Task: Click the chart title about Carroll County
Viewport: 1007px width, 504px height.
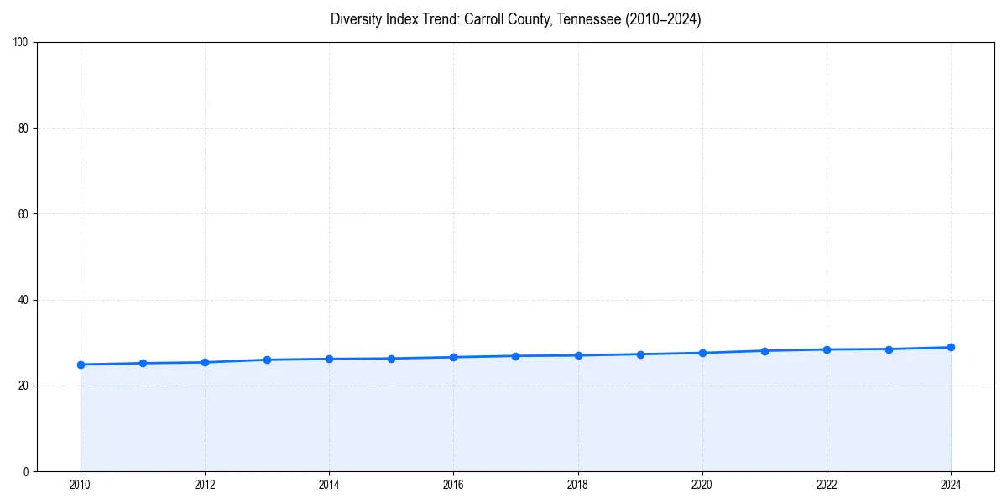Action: click(x=515, y=19)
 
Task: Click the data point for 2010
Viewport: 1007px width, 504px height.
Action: click(x=81, y=365)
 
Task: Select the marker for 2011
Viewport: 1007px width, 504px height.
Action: click(x=143, y=363)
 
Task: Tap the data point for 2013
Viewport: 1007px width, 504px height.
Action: click(x=267, y=360)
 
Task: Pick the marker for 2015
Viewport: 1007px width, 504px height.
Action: click(x=391, y=359)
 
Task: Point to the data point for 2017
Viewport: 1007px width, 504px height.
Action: click(x=515, y=356)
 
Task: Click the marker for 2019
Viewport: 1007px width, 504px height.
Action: click(x=640, y=354)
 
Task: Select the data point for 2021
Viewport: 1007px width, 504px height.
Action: click(x=764, y=351)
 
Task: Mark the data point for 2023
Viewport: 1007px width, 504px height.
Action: click(x=889, y=349)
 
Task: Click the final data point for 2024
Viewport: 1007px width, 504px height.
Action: click(x=951, y=347)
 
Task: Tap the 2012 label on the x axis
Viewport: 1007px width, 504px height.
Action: click(x=205, y=485)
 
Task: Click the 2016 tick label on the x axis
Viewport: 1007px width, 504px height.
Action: click(x=453, y=485)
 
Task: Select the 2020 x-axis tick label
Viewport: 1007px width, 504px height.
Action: click(x=702, y=485)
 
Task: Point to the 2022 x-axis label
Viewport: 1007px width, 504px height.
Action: click(x=827, y=485)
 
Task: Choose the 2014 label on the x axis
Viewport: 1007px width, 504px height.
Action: click(x=329, y=485)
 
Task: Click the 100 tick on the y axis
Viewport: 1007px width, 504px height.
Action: click(x=21, y=42)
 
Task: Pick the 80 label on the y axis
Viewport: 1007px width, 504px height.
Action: click(x=23, y=129)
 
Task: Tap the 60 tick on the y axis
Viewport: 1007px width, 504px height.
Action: click(x=23, y=214)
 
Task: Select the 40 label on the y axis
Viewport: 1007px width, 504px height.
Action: click(x=23, y=300)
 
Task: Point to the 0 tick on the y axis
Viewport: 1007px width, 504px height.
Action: click(x=26, y=471)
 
